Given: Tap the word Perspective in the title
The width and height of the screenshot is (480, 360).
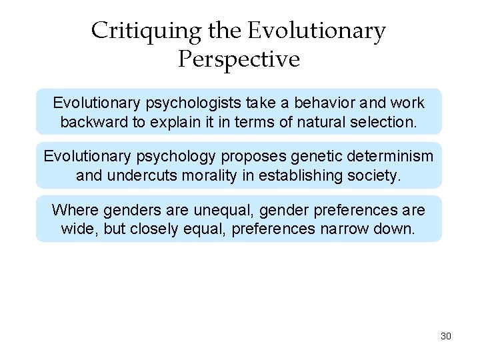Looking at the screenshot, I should [x=239, y=60].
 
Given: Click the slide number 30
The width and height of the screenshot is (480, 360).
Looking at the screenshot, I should [x=446, y=336].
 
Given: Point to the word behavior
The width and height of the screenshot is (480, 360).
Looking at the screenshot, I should [x=328, y=103].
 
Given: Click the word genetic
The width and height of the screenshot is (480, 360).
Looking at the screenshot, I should [x=313, y=157].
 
